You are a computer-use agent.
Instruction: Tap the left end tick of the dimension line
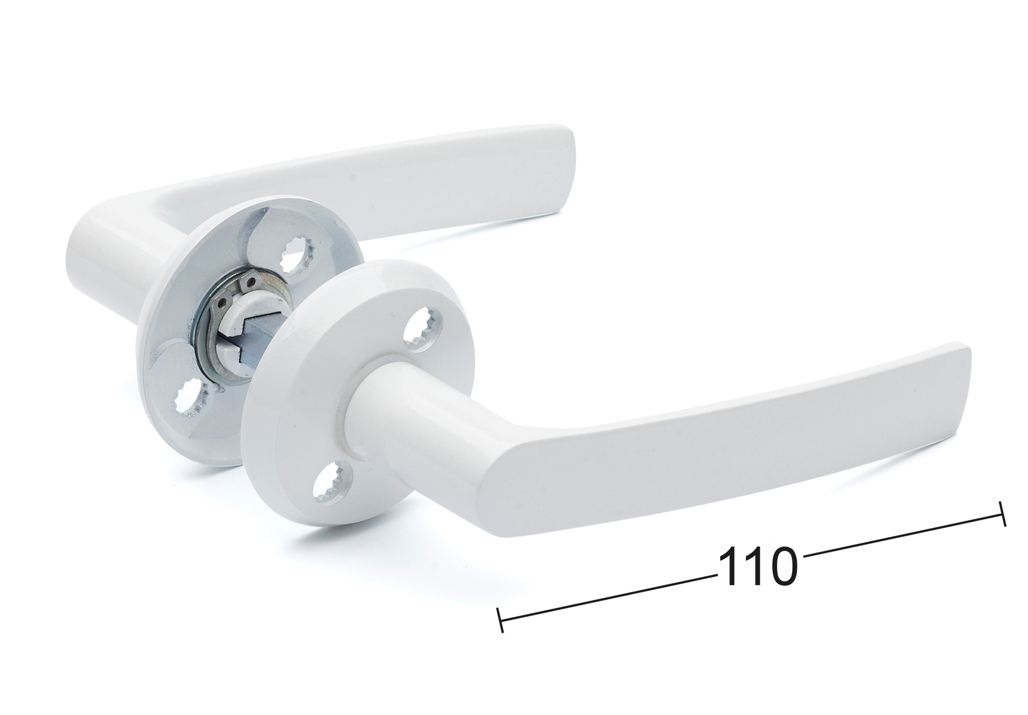point(501,620)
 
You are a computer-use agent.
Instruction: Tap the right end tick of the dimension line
point(1001,513)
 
